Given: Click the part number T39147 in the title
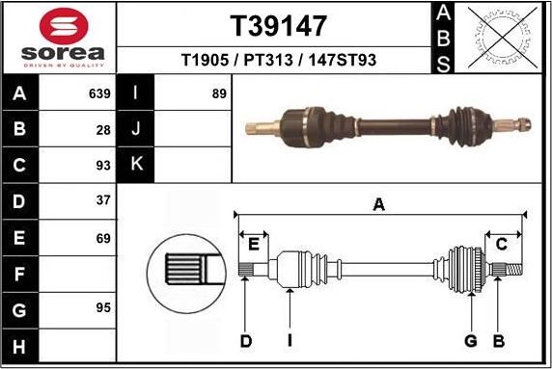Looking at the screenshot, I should pyautogui.click(x=278, y=26).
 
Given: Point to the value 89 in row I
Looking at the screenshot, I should pyautogui.click(x=219, y=94).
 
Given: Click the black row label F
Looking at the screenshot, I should pyautogui.click(x=19, y=275).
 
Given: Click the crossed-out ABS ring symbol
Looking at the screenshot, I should pyautogui.click(x=499, y=38).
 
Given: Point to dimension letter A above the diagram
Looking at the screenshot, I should pyautogui.click(x=379, y=203).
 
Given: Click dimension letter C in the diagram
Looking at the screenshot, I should pyautogui.click(x=501, y=244).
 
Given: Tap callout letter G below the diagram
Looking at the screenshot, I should pyautogui.click(x=471, y=339).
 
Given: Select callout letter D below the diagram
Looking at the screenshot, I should pyautogui.click(x=246, y=339).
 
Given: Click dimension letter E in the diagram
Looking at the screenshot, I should pyautogui.click(x=255, y=244).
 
